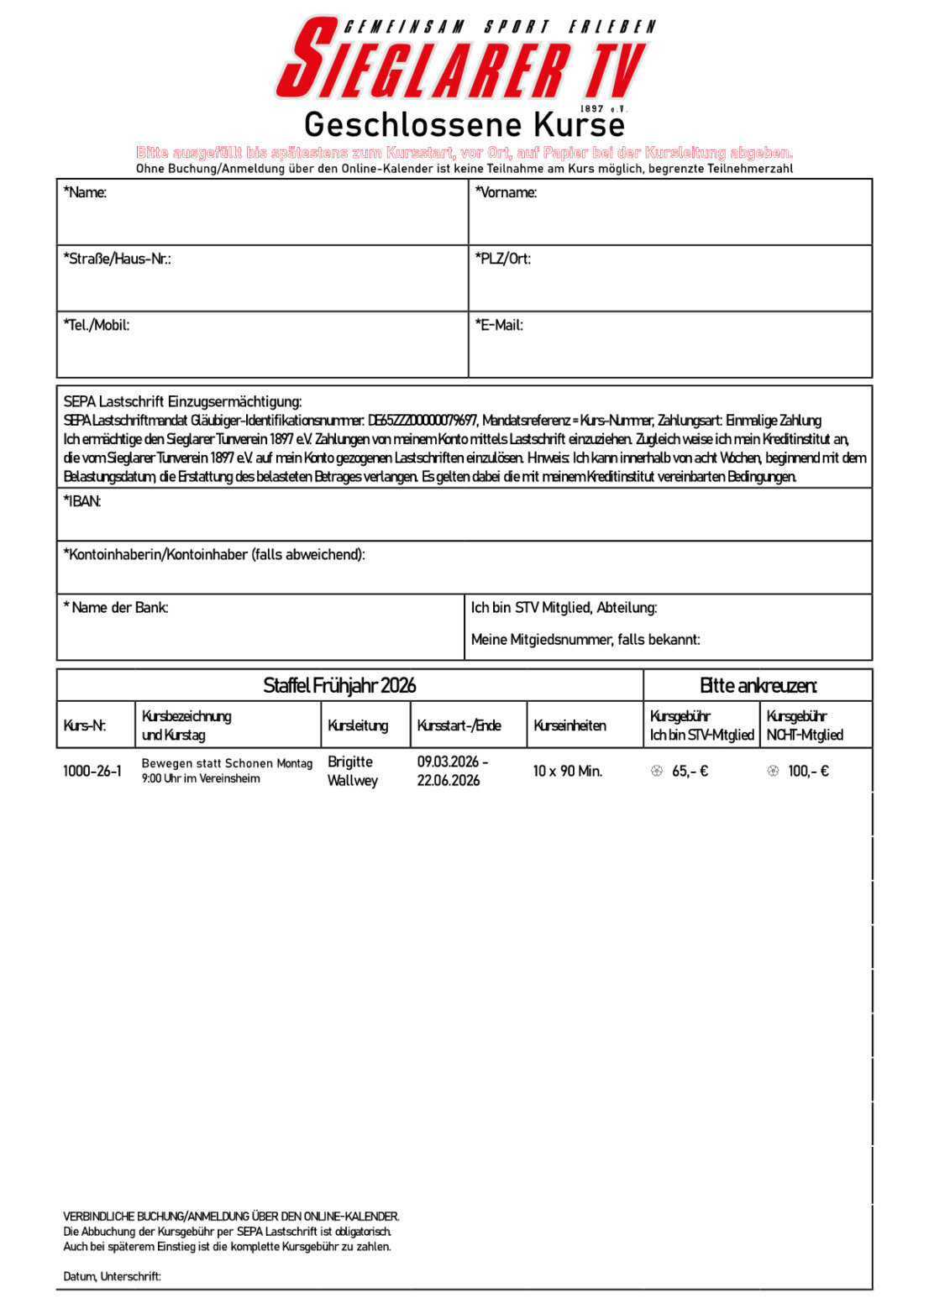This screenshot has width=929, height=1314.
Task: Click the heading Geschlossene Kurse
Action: point(464,125)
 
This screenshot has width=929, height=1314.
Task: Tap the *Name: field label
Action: point(85,192)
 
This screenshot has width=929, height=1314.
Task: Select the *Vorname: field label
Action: point(506,192)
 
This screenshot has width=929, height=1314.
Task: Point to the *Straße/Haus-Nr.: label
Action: point(117,259)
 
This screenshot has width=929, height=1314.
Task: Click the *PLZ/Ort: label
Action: point(502,259)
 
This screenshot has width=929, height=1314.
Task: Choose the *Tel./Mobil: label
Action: point(96,325)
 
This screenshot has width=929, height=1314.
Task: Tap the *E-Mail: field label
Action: point(499,325)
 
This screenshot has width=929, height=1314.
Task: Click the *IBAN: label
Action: point(82,501)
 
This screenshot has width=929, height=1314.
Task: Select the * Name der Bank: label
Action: point(116,607)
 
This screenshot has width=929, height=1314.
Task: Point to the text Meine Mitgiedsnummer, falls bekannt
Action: point(585,640)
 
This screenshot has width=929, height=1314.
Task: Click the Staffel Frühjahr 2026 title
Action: point(339,685)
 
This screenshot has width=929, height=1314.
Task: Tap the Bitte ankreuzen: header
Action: point(758,685)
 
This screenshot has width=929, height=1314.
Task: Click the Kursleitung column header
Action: point(358,725)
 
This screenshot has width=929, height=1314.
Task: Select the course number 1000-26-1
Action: point(92,771)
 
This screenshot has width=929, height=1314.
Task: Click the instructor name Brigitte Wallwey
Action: point(353,771)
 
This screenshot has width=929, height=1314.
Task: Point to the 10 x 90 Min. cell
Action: point(567,771)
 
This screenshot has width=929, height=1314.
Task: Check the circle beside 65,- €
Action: point(657,771)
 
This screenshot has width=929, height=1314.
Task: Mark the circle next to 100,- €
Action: point(773,771)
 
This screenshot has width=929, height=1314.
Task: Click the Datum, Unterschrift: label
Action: point(112,1276)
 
